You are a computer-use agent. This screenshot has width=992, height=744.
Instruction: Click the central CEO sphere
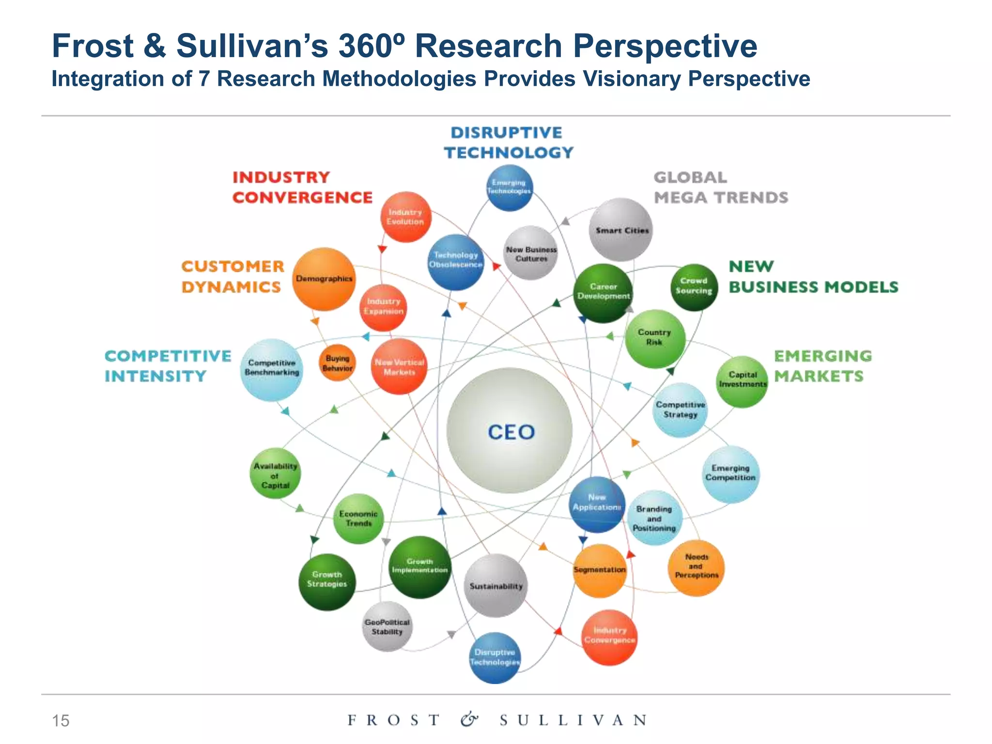click(510, 431)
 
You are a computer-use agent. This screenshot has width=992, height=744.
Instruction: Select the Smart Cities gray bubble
click(621, 230)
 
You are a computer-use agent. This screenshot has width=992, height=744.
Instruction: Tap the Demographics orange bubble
click(324, 279)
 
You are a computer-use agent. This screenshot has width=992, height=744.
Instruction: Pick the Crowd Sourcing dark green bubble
click(694, 287)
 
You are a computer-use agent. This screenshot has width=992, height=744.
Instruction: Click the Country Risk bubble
click(654, 338)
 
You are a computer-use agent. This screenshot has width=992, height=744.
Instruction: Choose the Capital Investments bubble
click(742, 381)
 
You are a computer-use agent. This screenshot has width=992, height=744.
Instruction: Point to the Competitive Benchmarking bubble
click(272, 369)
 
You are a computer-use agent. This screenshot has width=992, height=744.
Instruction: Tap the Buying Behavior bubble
click(338, 363)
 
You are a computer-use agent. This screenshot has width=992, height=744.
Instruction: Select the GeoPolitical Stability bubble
click(387, 627)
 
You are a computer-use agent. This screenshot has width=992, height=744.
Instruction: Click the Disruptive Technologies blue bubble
click(495, 657)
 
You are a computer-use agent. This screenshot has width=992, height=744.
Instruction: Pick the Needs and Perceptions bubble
click(696, 567)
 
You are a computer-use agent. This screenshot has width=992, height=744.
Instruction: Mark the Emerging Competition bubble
click(730, 474)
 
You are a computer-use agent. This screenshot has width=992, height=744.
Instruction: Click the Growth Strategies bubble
click(327, 581)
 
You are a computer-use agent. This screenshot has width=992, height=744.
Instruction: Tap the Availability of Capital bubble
click(275, 474)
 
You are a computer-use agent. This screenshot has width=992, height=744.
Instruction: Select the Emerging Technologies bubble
click(509, 187)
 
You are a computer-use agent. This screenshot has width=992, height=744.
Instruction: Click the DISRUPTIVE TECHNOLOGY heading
click(508, 142)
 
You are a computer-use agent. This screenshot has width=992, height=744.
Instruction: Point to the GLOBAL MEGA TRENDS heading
click(720, 187)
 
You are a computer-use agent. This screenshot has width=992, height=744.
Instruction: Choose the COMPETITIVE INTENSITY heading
click(168, 366)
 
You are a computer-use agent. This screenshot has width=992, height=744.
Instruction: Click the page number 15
click(61, 721)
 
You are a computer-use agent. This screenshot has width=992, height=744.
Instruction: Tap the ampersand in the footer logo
click(469, 720)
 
